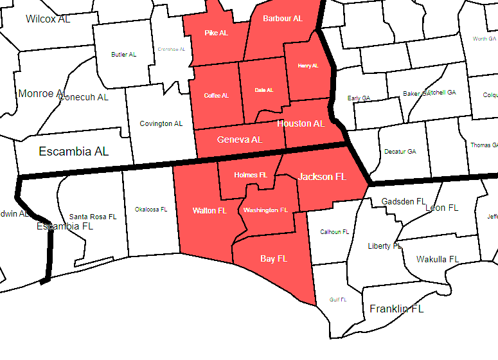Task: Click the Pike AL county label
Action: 216,33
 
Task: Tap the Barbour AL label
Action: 283,19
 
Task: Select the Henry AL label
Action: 308,66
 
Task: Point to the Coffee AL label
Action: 216,96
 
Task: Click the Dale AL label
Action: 263,90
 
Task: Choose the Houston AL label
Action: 301,123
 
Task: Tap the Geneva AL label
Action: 240,139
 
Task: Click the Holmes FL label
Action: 251,175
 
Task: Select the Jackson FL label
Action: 323,176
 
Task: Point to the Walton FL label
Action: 209,210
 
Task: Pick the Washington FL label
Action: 265,210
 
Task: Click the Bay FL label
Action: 274,259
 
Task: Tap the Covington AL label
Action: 161,123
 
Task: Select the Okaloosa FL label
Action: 151,210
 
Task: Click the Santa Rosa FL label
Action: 93,217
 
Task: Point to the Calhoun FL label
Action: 334,232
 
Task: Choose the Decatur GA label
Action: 400,152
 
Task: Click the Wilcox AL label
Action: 48,19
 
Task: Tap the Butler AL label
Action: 124,55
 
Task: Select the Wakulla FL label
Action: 438,259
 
